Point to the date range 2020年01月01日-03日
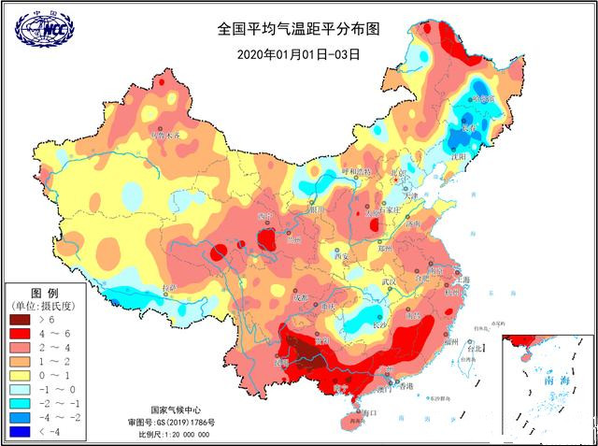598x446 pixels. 299,53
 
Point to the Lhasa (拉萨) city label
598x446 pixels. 168,288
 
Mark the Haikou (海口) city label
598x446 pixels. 367,412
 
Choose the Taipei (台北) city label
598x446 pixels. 475,349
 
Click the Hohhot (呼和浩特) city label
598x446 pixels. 355,172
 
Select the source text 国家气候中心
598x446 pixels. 175,410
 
